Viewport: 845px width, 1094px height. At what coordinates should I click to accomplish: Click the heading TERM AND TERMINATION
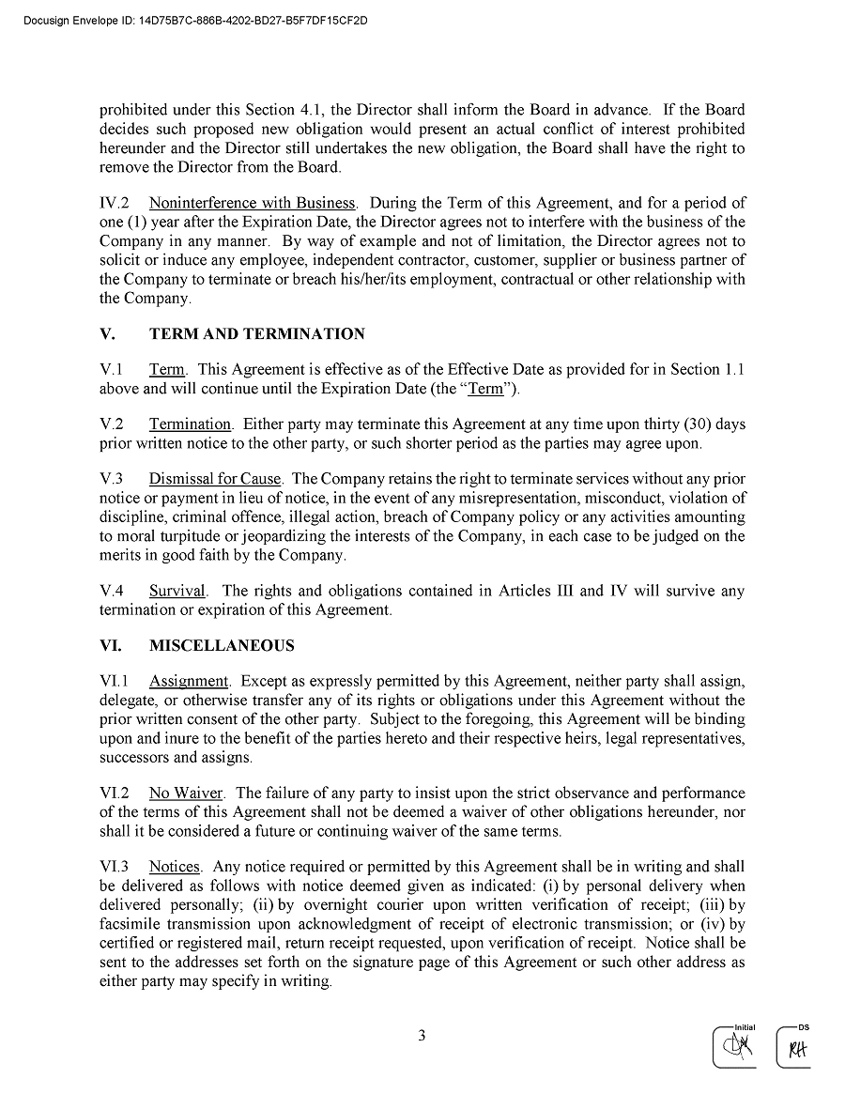tap(256, 334)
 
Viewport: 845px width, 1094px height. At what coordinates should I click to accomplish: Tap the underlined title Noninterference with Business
tap(252, 203)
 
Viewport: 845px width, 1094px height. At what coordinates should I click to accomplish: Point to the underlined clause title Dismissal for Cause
tap(215, 479)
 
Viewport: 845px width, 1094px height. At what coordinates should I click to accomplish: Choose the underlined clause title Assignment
tap(189, 681)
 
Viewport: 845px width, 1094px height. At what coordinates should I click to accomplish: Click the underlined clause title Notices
tap(175, 868)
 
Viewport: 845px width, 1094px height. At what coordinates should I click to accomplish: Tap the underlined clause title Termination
tap(190, 424)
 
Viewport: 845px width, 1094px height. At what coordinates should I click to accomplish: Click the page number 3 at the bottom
tap(422, 1037)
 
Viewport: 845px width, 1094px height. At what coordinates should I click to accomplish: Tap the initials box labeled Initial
tap(734, 1047)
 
